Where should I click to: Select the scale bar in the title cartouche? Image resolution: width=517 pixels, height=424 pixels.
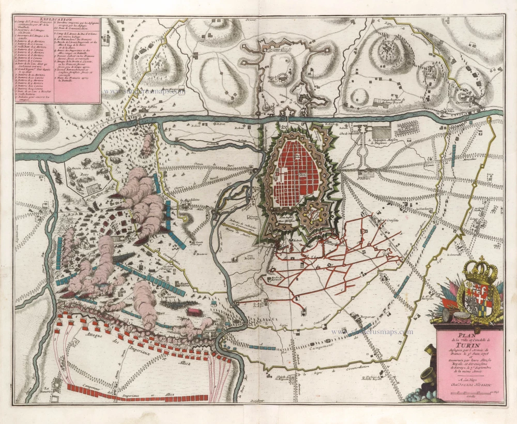click(x=470, y=395)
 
